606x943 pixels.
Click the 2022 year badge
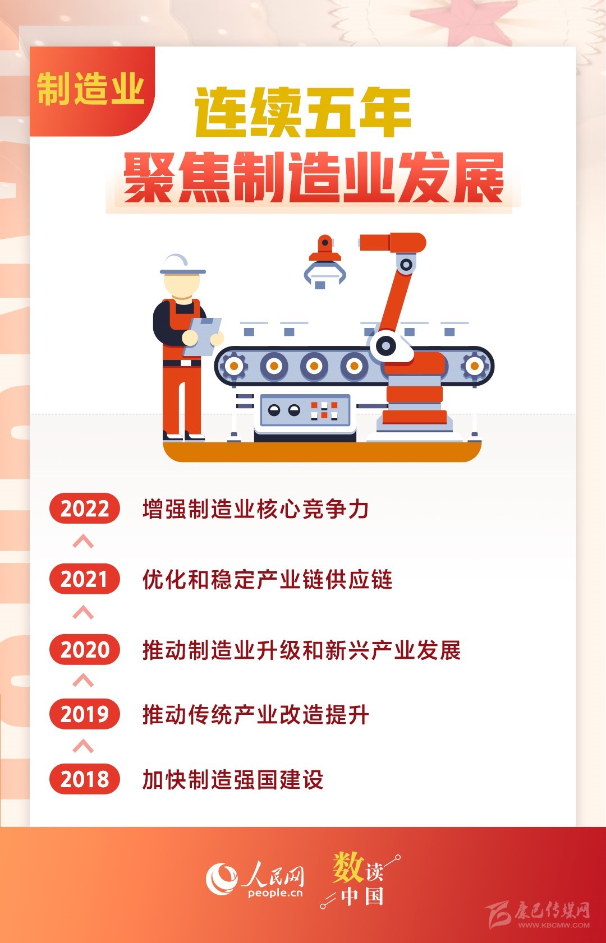click(x=85, y=508)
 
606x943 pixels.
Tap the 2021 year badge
click(x=85, y=579)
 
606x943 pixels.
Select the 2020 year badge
click(x=85, y=649)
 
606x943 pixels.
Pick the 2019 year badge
click(x=85, y=714)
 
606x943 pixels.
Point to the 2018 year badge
click(x=85, y=778)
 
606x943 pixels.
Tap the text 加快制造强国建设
click(x=233, y=779)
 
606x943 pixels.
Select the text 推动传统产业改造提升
click(x=256, y=714)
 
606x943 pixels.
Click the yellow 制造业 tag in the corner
click(x=90, y=89)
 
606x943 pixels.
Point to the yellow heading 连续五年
click(x=302, y=112)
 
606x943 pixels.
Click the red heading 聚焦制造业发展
click(x=314, y=178)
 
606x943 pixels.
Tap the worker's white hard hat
click(x=182, y=265)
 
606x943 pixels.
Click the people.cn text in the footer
click(x=275, y=893)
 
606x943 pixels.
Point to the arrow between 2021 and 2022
click(x=83, y=542)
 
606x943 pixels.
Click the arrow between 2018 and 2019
click(x=83, y=746)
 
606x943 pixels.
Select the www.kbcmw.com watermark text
click(x=554, y=925)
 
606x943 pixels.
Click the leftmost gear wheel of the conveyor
click(x=233, y=366)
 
